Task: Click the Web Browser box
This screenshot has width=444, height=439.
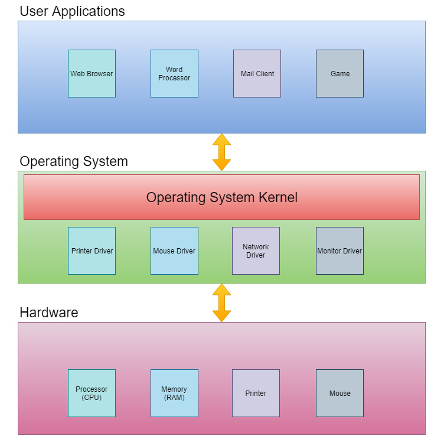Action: click(92, 74)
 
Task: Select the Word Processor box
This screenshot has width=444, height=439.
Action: click(174, 74)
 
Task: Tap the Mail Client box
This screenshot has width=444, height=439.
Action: click(257, 74)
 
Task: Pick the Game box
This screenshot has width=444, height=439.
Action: click(339, 74)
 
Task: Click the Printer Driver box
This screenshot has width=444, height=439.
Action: click(92, 251)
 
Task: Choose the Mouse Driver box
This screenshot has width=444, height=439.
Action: click(174, 251)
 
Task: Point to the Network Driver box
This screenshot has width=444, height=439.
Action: click(256, 251)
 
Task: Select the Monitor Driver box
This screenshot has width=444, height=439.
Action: click(339, 251)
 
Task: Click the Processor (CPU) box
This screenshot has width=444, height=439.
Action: click(92, 394)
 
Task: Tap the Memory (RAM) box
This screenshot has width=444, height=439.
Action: click(174, 394)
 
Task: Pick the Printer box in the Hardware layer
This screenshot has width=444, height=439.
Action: click(256, 394)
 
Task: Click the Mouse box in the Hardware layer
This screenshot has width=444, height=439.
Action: click(339, 394)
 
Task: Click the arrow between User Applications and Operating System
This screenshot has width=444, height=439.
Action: click(221, 152)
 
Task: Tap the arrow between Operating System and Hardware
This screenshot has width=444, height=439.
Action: click(221, 303)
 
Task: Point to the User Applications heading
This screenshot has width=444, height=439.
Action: click(72, 11)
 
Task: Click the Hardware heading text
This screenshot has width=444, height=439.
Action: click(49, 313)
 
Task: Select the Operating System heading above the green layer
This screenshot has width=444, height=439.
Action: click(74, 161)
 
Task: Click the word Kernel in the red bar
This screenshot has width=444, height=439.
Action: click(275, 197)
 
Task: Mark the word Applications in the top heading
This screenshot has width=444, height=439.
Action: click(89, 12)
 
